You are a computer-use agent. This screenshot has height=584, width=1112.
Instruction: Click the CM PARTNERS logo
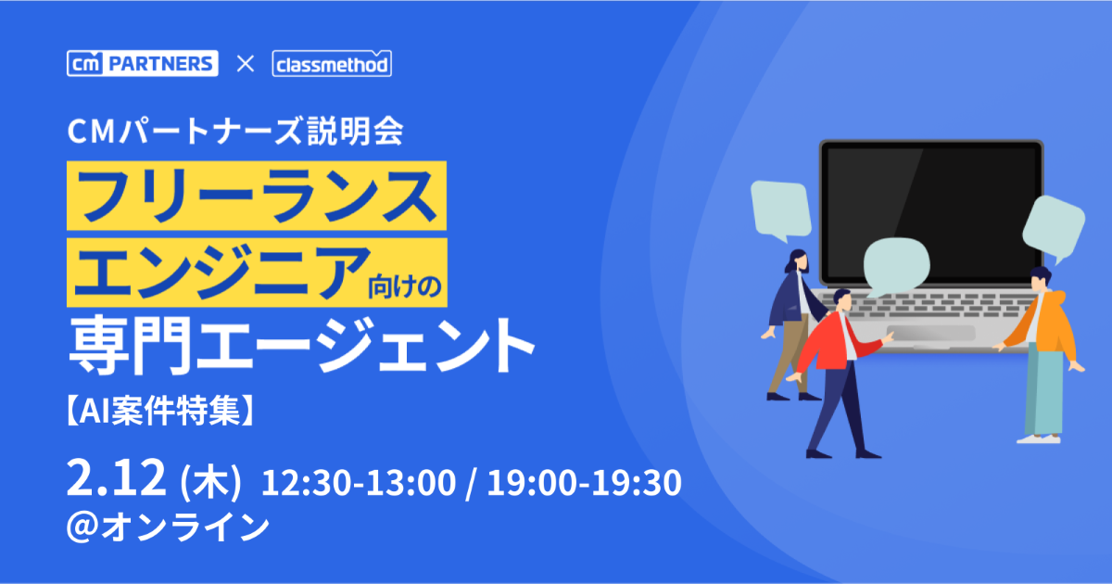coord(143,64)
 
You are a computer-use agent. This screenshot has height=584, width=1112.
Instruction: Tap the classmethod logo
coord(332,64)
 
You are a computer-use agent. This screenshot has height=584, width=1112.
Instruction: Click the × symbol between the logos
coord(246,64)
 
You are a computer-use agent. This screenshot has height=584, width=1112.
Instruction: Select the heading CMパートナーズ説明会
coord(235,132)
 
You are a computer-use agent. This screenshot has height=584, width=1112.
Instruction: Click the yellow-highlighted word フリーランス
coord(257,196)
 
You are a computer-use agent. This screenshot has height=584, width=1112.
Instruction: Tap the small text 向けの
coord(405,287)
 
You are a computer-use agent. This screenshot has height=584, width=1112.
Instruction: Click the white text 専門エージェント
coord(301,345)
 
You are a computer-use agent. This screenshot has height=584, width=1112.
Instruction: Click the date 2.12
coord(116,477)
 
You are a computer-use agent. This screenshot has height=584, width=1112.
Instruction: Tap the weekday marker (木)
coord(210,481)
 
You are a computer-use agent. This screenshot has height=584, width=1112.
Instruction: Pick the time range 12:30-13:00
coord(359,482)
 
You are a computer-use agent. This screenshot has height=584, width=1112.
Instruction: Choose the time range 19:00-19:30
coord(585,482)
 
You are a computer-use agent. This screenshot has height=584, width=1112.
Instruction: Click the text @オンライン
coord(168,527)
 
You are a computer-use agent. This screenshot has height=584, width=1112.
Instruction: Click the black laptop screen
coord(931,213)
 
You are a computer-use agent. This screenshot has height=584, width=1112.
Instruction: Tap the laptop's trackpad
coord(931,333)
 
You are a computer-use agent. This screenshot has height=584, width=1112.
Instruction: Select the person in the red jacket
coord(841,374)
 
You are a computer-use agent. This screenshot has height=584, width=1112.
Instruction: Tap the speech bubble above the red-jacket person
coord(897,267)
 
